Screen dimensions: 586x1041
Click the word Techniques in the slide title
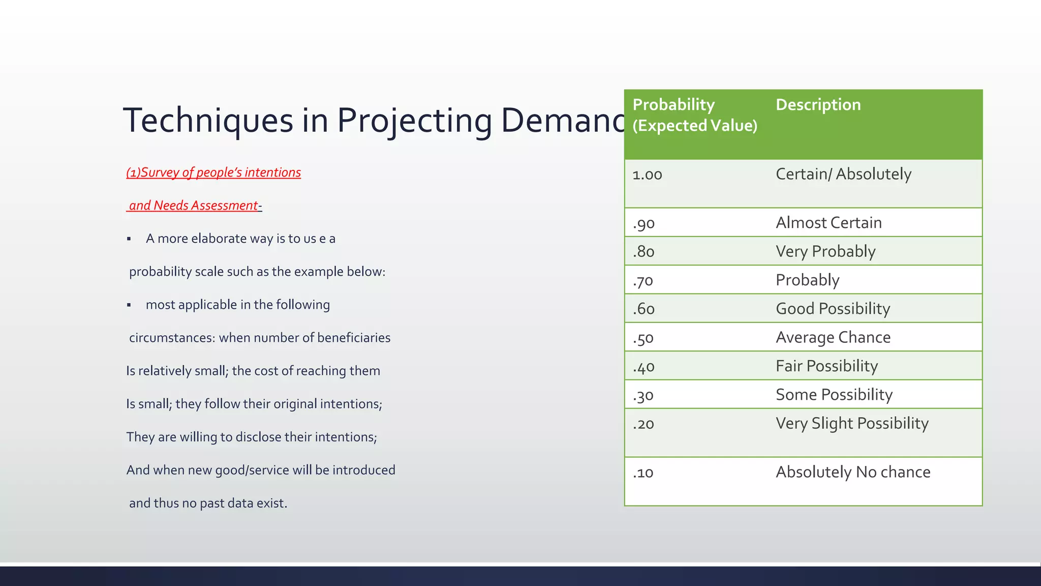tap(208, 121)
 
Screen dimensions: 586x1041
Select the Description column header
tap(818, 105)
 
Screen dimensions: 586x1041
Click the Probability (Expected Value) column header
tap(694, 115)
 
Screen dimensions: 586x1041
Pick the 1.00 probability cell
tap(647, 175)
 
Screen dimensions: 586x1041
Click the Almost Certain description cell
tap(829, 223)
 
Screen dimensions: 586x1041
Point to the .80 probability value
tap(644, 252)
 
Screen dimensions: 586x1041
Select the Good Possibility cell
tap(833, 309)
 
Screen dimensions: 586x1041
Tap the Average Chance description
tap(833, 337)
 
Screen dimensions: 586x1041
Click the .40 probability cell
tap(644, 367)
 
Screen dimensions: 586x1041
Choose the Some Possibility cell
tap(834, 395)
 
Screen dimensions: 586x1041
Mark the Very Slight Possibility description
tap(852, 423)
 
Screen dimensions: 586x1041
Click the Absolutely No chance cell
tap(853, 472)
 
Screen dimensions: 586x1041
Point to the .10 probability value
tap(643, 473)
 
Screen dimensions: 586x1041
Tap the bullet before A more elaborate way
tap(129, 239)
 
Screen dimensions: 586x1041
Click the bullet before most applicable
tap(129, 305)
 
